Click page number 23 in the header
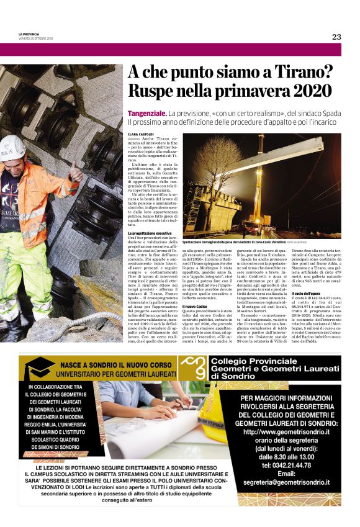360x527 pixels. [336, 37]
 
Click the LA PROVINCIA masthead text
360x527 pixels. [30, 34]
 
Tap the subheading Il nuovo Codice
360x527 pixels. [194, 306]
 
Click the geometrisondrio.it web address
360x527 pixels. [286, 432]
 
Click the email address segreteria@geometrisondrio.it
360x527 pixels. [286, 482]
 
